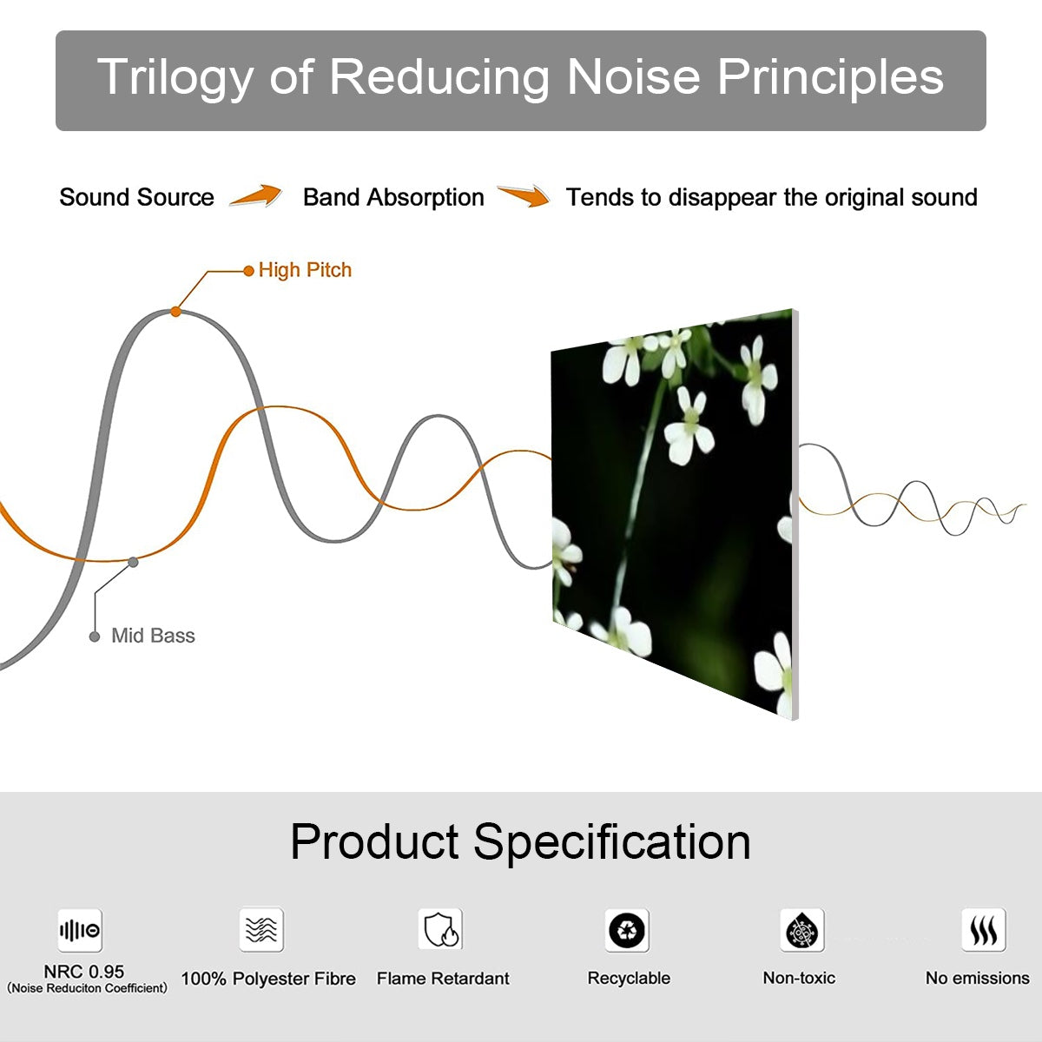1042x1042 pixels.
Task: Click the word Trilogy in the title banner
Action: [x=175, y=78]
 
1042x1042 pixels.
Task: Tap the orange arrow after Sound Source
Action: [x=256, y=195]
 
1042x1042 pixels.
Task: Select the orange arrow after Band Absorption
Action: [x=524, y=195]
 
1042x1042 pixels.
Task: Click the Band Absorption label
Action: [x=393, y=197]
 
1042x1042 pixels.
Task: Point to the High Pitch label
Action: [x=305, y=270]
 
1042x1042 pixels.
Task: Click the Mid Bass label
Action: [x=153, y=636]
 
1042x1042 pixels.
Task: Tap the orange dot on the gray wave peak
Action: [x=175, y=312]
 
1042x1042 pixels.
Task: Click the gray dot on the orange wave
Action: [x=133, y=563]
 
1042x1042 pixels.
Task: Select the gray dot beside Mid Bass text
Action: [x=95, y=636]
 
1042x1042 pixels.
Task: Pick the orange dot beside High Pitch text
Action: [x=248, y=271]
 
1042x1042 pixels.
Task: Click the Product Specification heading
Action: [x=520, y=841]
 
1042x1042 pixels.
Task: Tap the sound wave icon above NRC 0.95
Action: [x=80, y=931]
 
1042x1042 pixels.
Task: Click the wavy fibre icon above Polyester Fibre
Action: [x=261, y=929]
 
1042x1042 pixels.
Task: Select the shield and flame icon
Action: [x=441, y=929]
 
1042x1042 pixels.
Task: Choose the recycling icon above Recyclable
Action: [x=627, y=930]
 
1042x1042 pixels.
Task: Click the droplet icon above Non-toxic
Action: [x=802, y=930]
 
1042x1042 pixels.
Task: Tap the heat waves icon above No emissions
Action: [x=984, y=929]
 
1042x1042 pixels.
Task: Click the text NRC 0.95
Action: [x=84, y=972]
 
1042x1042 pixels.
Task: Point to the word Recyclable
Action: [x=629, y=978]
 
